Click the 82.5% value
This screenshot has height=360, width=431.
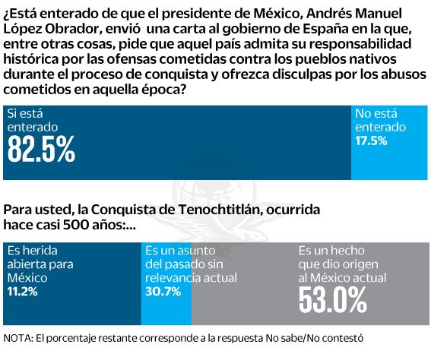click(41, 150)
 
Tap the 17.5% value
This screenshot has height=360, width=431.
click(372, 141)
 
